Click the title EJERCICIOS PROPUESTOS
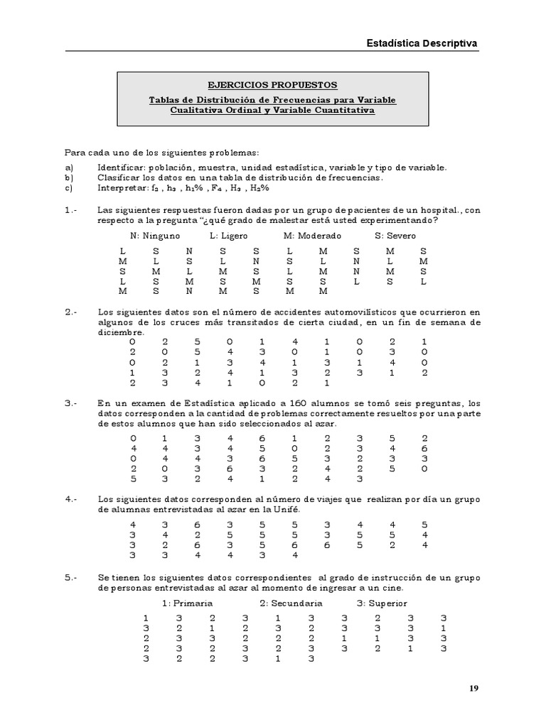click(273, 85)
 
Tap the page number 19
click(473, 688)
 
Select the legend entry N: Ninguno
click(155, 236)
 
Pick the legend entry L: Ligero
click(230, 236)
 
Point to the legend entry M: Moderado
click(312, 236)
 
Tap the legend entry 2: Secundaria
click(291, 603)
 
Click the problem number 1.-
click(70, 211)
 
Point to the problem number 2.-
click(70, 312)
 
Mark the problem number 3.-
click(70, 404)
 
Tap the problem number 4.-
click(70, 499)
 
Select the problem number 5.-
click(70, 579)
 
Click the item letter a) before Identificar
click(69, 167)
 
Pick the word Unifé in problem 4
click(286, 510)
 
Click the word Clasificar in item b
click(120, 177)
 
